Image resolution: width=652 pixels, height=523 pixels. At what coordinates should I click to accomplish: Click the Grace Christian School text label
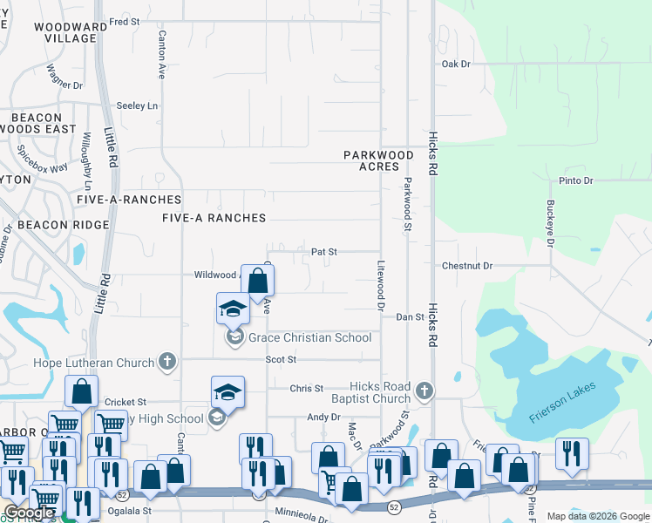[x=309, y=338]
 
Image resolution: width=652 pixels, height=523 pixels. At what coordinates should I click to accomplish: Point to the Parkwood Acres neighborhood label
[x=377, y=160]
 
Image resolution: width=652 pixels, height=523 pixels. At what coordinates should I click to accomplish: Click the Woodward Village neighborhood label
[x=65, y=33]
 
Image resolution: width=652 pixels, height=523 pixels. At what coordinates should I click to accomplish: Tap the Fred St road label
[x=124, y=21]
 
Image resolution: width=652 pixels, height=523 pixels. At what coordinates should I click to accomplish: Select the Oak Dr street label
[x=456, y=65]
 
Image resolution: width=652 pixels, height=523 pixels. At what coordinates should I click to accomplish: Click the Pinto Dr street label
[x=575, y=180]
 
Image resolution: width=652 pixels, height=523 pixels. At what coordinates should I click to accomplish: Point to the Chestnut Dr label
[x=467, y=266]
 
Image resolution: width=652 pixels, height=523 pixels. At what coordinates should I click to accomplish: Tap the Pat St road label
[x=324, y=251]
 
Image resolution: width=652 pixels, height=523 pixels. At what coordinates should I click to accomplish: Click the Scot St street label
[x=282, y=359]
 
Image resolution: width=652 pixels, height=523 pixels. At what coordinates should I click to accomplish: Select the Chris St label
[x=306, y=389]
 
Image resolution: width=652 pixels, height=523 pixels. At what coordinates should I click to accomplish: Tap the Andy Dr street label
[x=323, y=418]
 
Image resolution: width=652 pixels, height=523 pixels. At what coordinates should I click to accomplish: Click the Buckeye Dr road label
[x=550, y=224]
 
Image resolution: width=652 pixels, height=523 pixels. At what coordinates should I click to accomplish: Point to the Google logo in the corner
[x=31, y=513]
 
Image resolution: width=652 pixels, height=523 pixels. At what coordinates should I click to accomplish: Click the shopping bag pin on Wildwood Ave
[x=257, y=282]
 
